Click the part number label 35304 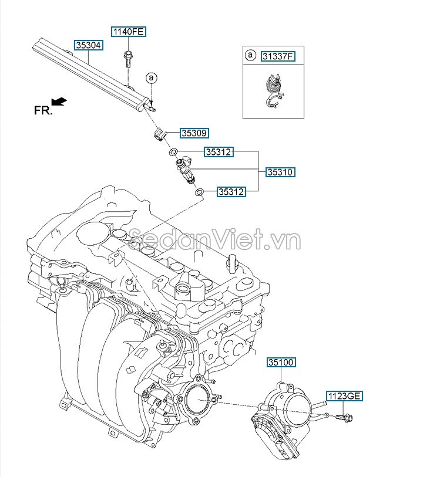[89, 45]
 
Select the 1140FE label [128, 32]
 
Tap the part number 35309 [194, 133]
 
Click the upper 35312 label [219, 153]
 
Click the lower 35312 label [231, 191]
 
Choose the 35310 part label [281, 172]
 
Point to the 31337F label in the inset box [277, 56]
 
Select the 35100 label [281, 362]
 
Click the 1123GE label [344, 396]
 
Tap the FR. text [43, 110]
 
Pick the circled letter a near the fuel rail [151, 77]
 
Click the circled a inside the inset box [250, 56]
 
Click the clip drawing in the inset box [271, 92]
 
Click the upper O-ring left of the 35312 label [173, 153]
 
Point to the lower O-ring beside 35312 [199, 191]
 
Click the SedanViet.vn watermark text [215, 239]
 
